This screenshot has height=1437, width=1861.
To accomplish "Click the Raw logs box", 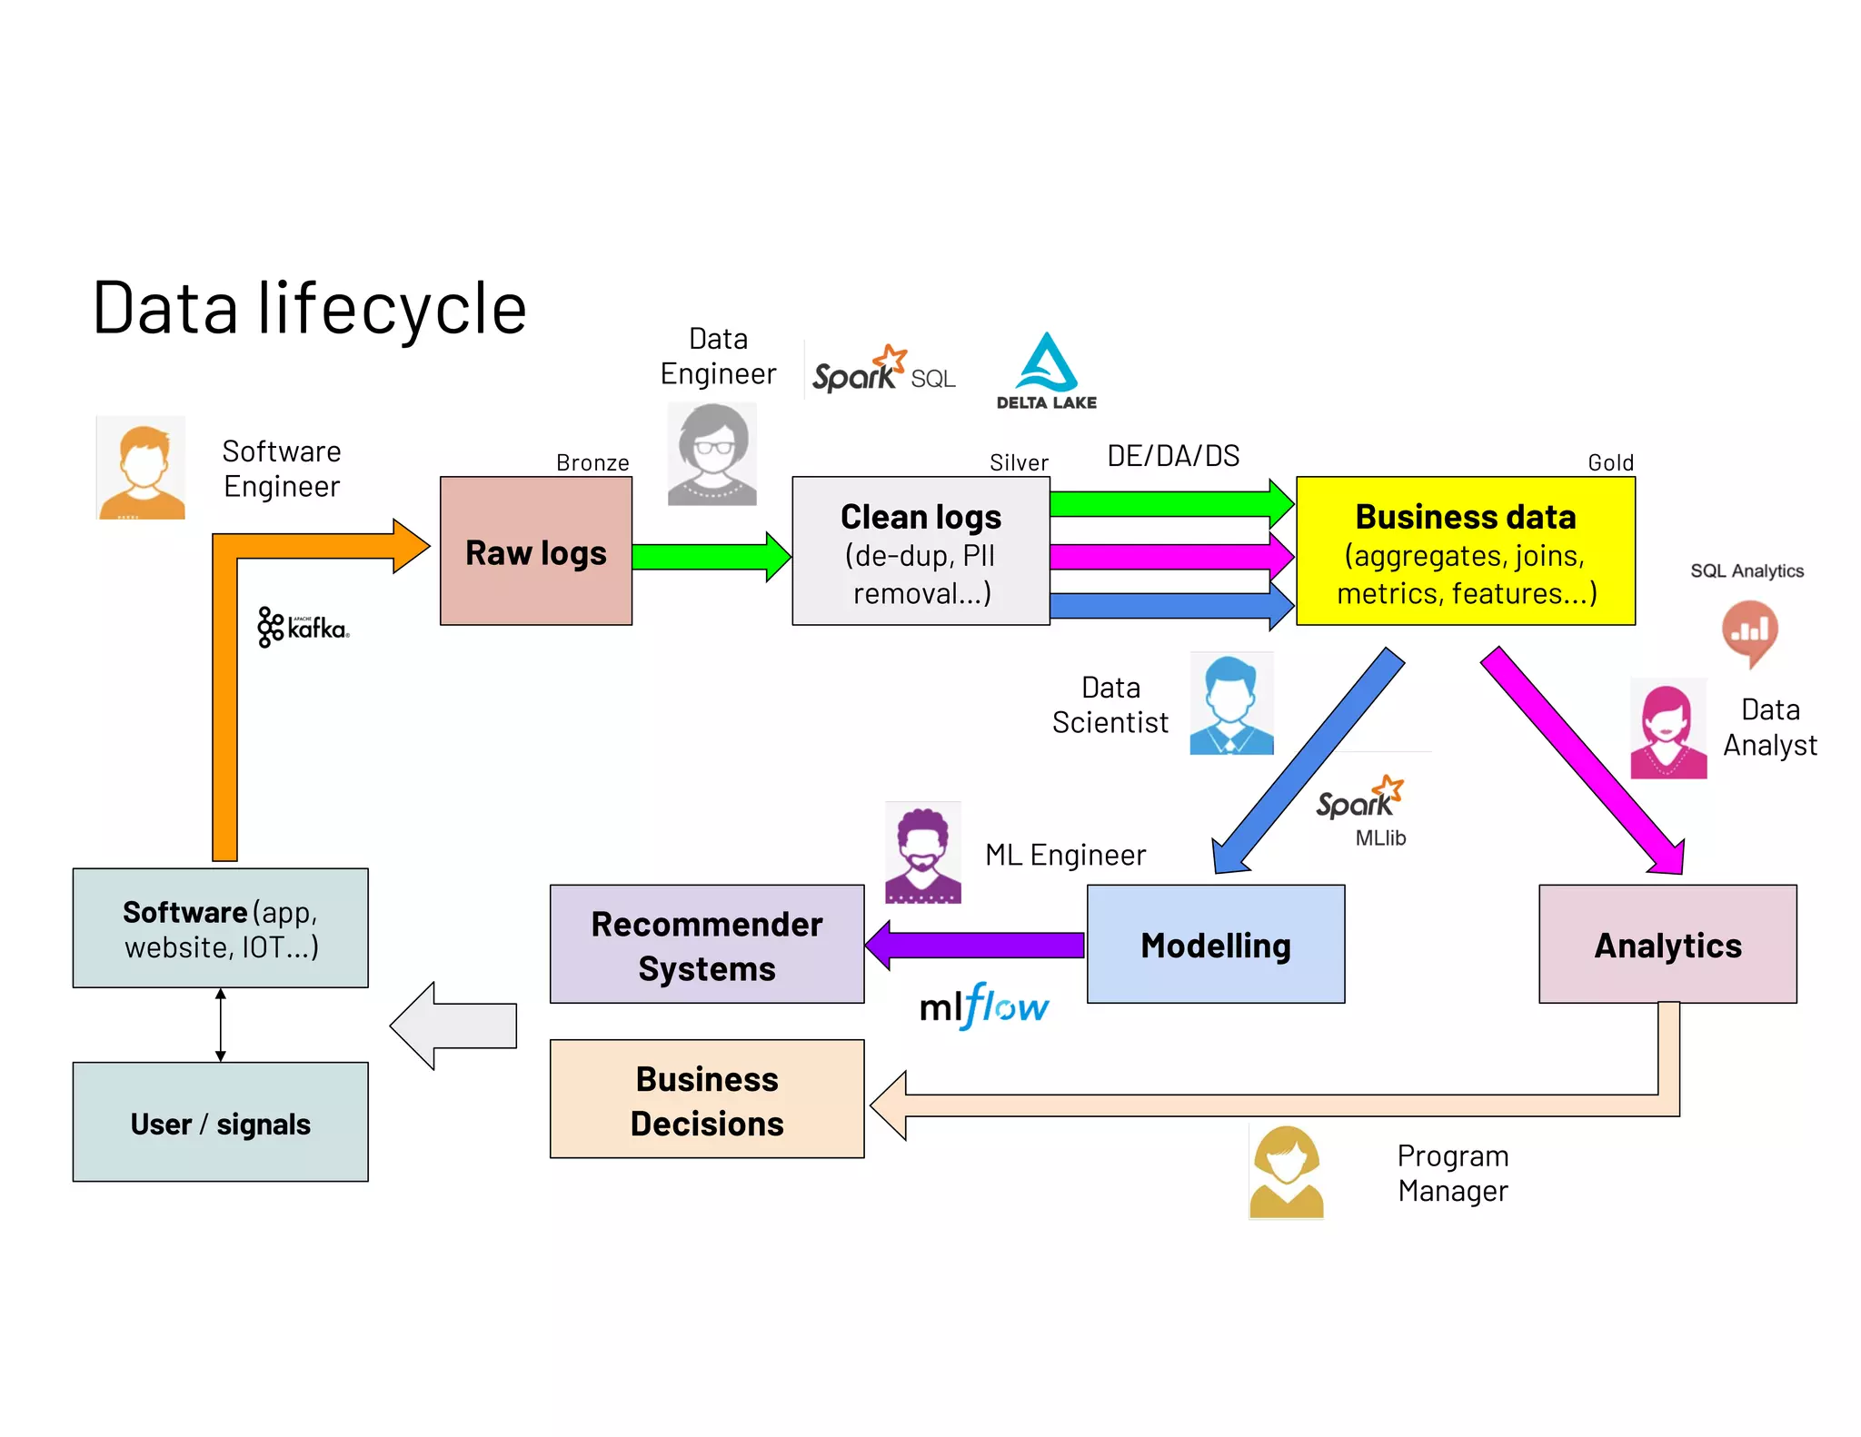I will click(535, 551).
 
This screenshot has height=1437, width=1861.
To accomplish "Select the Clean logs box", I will click(921, 551).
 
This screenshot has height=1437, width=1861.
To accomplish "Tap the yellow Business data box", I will click(1465, 551).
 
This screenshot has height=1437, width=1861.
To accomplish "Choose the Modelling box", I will click(1215, 945).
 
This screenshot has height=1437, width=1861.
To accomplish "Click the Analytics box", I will click(1667, 945).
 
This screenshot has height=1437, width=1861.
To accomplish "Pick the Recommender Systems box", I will click(706, 945).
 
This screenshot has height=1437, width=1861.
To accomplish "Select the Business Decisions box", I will click(706, 1099).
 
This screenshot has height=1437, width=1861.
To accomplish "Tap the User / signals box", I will click(220, 1123).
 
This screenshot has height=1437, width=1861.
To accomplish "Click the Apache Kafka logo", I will click(303, 627).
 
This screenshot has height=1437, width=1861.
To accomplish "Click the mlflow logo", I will click(984, 1006).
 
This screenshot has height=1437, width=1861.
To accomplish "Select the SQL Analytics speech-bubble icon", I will click(1748, 632).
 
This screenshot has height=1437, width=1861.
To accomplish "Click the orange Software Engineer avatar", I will click(142, 469).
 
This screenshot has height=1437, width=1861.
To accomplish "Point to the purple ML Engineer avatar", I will click(922, 853).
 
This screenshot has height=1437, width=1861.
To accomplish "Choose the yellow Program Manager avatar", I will click(1286, 1172).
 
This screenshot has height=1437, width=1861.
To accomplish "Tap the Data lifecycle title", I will click(309, 309).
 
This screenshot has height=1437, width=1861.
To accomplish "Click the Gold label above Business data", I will click(1610, 462).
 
